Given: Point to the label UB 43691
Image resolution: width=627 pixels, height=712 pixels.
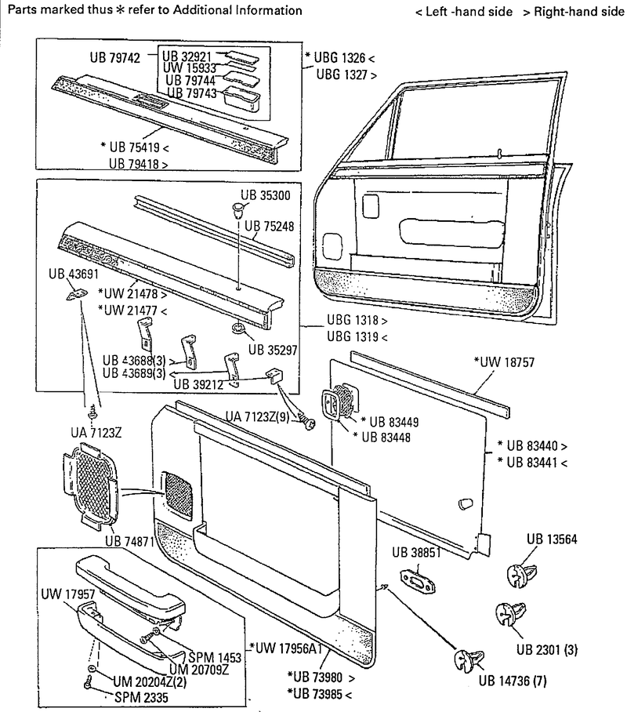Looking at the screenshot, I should click(74, 274).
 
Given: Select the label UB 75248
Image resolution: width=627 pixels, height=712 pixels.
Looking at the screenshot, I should click(269, 227).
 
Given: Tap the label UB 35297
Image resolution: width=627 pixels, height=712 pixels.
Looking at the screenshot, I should click(274, 350).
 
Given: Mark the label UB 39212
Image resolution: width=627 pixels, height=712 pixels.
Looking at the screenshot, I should click(200, 384).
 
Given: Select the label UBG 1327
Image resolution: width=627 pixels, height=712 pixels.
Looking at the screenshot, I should click(343, 75).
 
